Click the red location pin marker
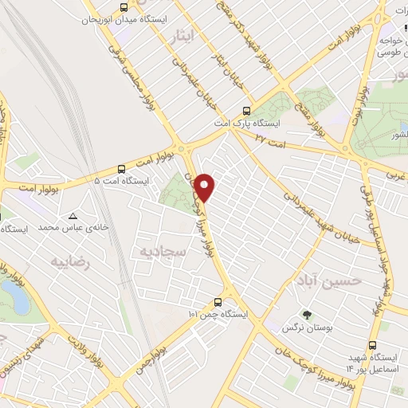tap(206, 187)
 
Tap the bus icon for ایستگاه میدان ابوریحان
tap(122, 7)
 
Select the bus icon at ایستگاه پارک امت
tap(246, 112)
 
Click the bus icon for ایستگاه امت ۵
tap(121, 168)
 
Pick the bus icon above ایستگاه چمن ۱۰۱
tap(218, 302)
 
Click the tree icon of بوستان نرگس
tap(304, 314)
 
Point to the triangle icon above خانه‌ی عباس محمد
tap(73, 216)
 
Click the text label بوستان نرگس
tap(304, 328)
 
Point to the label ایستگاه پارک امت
tap(245, 124)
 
